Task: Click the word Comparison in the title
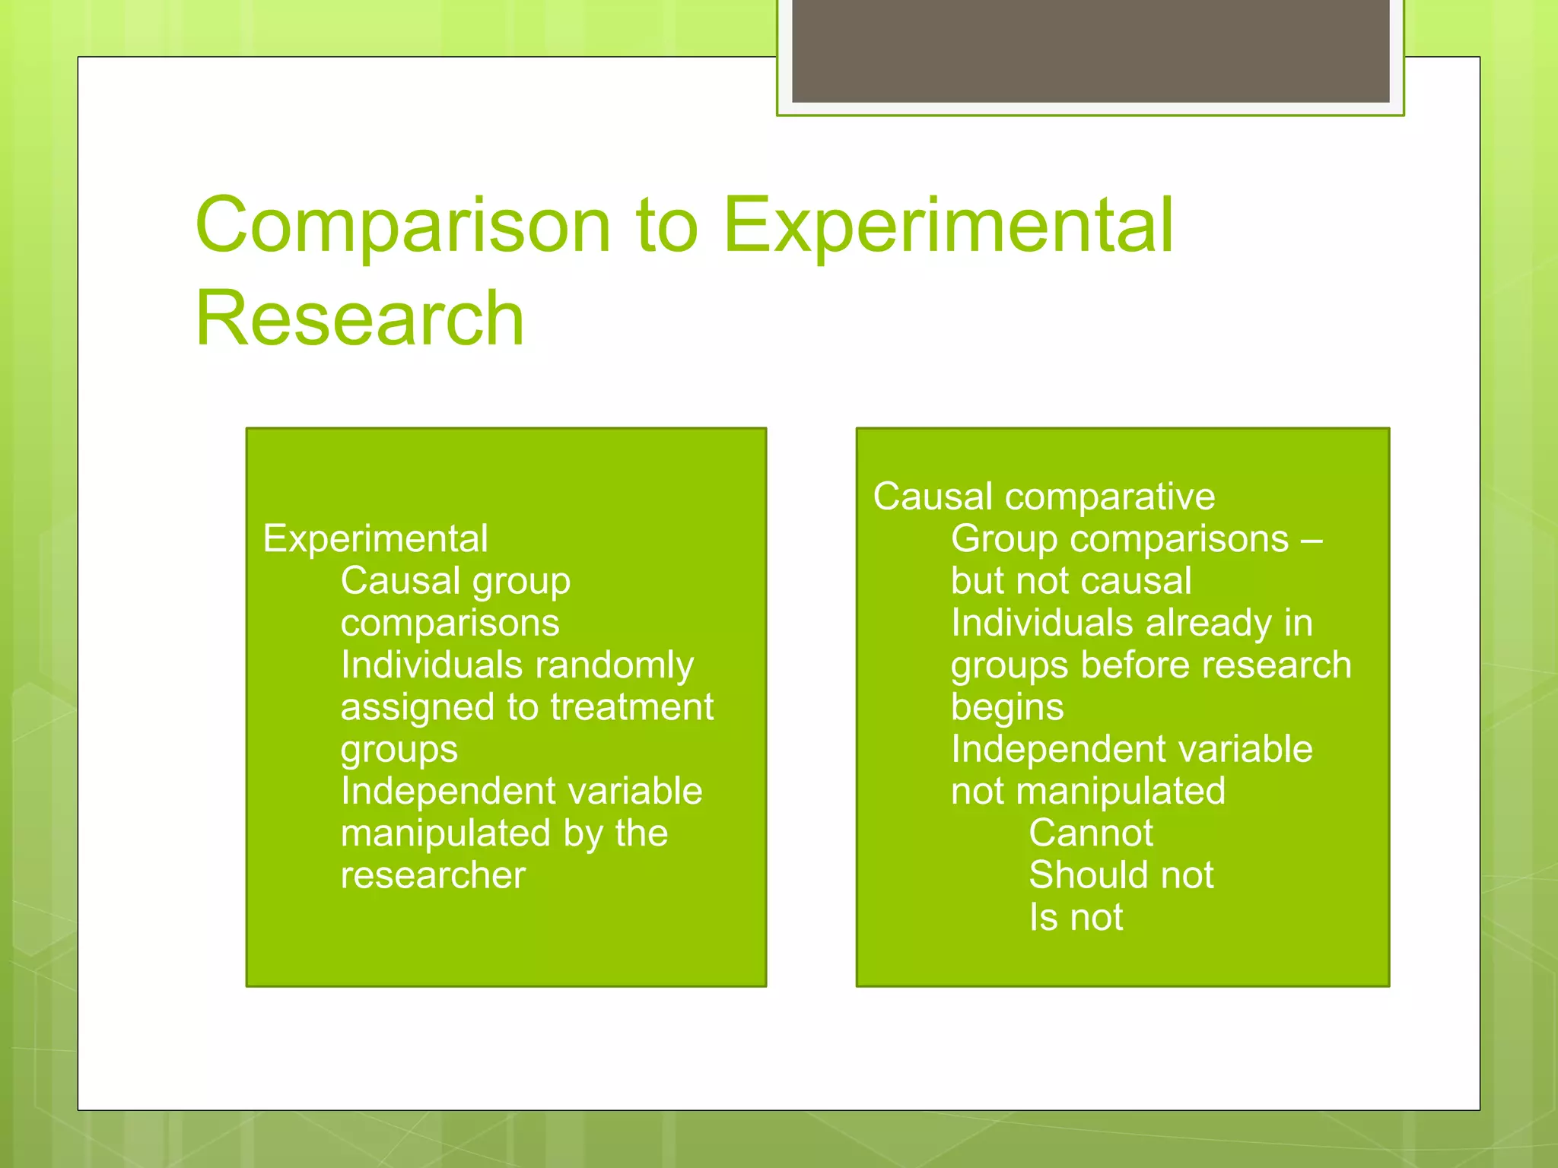click(x=403, y=227)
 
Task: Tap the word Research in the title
click(x=359, y=319)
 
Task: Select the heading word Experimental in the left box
click(x=375, y=539)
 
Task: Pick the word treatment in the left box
click(x=631, y=708)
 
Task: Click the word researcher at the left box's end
click(x=433, y=876)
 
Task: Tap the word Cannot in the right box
click(x=1090, y=833)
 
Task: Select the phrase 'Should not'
click(x=1121, y=876)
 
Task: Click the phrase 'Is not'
click(x=1075, y=918)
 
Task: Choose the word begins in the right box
click(x=1006, y=708)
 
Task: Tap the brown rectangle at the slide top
click(x=1090, y=50)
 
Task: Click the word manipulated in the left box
click(x=445, y=833)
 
